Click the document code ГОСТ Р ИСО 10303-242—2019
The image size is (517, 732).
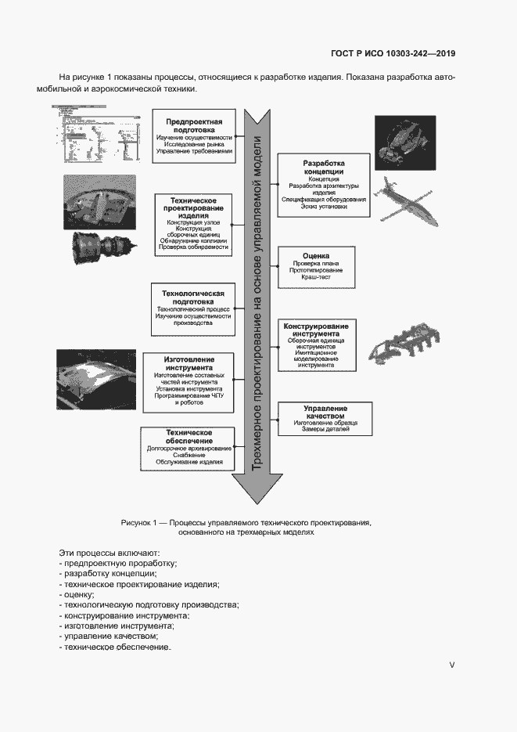click(x=393, y=54)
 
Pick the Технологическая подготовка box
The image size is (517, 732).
click(x=193, y=308)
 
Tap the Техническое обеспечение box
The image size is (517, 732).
click(x=188, y=448)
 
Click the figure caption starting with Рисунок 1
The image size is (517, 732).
click(x=246, y=526)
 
